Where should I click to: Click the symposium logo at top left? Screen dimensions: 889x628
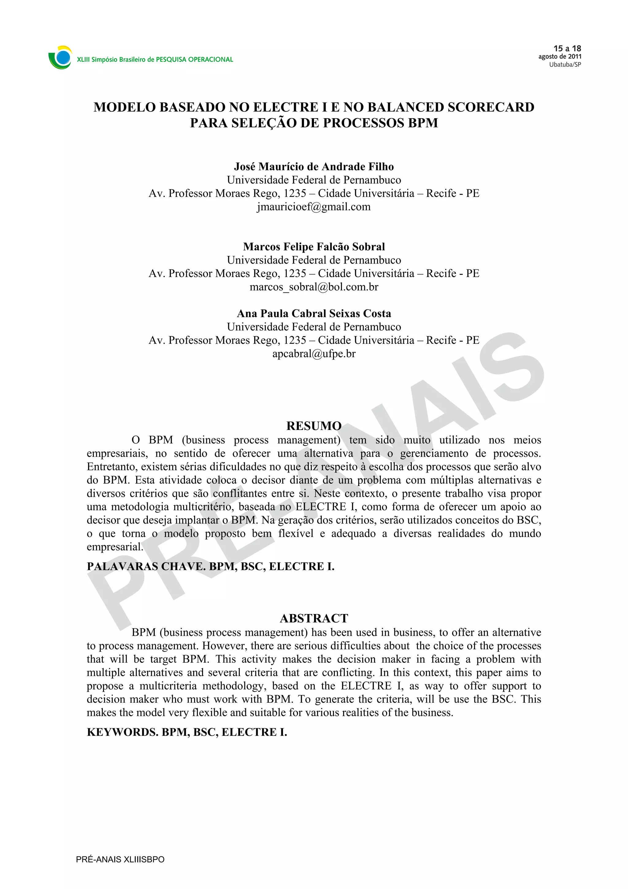tap(60, 58)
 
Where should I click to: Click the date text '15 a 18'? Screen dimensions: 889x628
tap(567, 48)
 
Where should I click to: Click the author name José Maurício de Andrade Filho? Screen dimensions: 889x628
tap(314, 167)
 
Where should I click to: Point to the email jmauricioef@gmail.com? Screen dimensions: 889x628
tap(314, 207)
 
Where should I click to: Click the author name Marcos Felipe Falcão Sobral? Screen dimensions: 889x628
tap(314, 247)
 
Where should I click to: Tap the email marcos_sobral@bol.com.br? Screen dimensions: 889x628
tap(314, 287)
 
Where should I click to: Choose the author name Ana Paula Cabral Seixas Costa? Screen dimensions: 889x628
tap(314, 313)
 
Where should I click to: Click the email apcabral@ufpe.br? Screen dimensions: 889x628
tap(314, 354)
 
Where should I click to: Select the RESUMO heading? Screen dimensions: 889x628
tap(314, 426)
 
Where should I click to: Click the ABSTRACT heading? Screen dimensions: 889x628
tap(314, 618)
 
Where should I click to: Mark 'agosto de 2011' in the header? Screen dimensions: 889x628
tap(560, 56)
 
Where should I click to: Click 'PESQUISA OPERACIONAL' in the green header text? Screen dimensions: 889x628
tap(194, 60)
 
